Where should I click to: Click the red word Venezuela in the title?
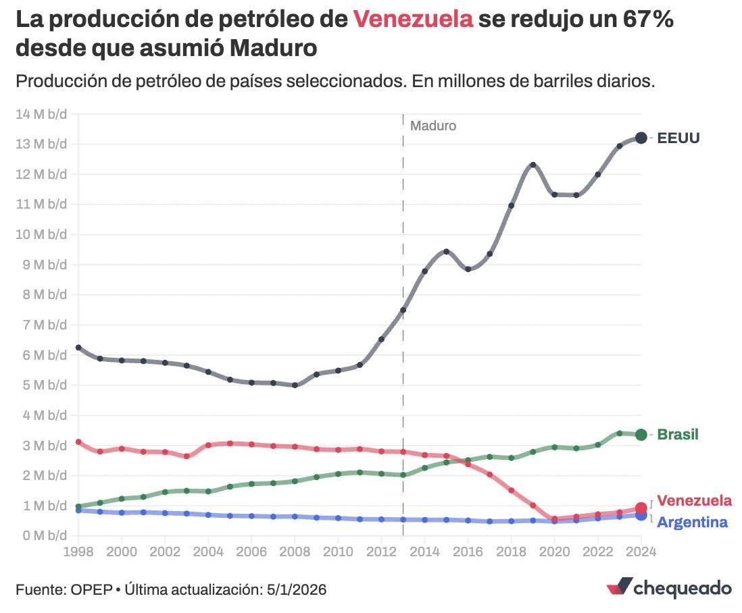tap(413, 20)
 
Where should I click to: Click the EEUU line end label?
tap(678, 138)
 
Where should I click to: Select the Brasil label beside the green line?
tap(678, 434)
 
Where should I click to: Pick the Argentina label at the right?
tap(692, 522)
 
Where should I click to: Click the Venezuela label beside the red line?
tap(694, 500)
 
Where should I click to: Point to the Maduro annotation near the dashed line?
tap(433, 126)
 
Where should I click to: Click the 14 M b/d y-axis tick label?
tap(41, 113)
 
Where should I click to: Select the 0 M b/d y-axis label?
tap(43, 536)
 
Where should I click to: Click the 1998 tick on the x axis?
tap(78, 552)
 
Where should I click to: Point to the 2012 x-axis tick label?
tap(381, 552)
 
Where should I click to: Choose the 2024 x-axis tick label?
tap(641, 552)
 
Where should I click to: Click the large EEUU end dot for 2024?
tap(641, 138)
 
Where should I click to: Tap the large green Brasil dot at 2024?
tap(641, 435)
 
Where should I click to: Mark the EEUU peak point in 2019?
tap(533, 165)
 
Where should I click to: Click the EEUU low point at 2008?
tap(295, 385)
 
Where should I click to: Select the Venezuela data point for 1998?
tap(78, 442)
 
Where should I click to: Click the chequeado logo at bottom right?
tap(669, 587)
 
